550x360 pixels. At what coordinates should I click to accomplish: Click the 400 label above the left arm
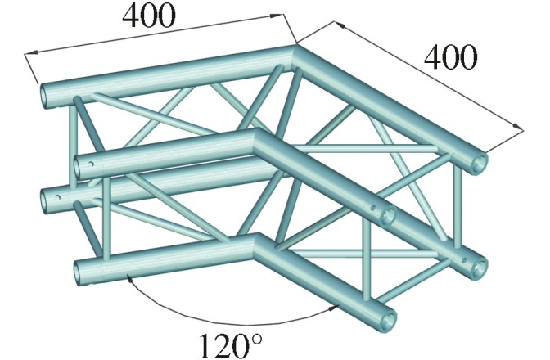(148, 16)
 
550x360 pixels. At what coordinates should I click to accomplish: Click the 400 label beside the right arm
(450, 57)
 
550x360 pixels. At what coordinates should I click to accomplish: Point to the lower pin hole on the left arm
(59, 197)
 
